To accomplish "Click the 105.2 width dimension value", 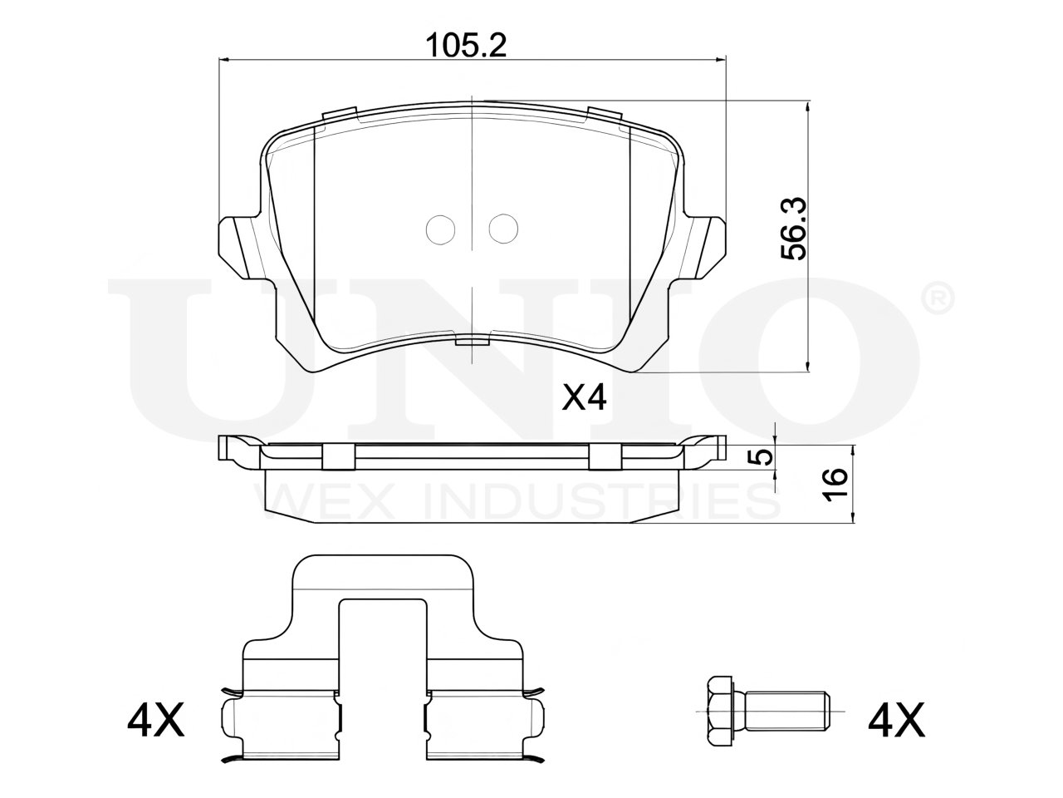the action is (x=465, y=47).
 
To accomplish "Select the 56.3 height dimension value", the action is (x=794, y=229).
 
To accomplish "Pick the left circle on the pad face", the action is (x=440, y=229).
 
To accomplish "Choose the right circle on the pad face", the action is (x=503, y=229).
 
